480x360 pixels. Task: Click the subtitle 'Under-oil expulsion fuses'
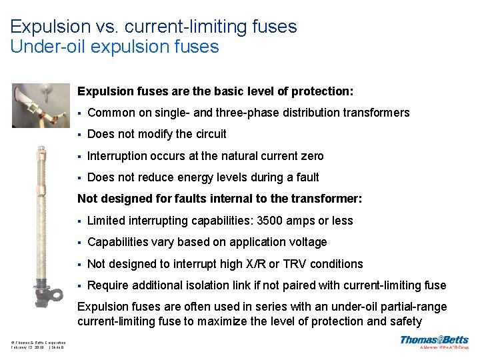coord(115,47)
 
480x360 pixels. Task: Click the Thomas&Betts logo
coord(434,342)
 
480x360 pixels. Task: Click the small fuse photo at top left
coord(41,105)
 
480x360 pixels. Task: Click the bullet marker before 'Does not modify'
coord(79,134)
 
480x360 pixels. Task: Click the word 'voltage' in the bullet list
coord(307,242)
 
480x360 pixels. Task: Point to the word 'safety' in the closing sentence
coord(403,322)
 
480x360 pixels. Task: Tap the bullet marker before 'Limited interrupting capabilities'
coord(79,221)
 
